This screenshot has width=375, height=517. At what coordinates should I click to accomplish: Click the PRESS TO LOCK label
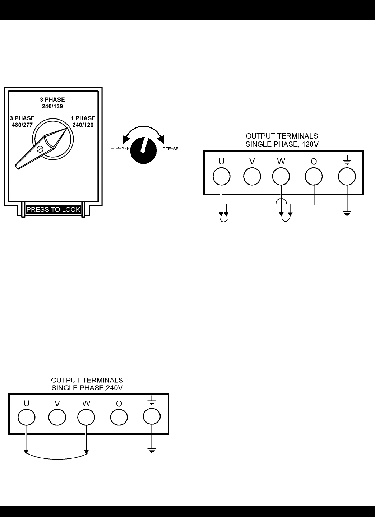pyautogui.click(x=53, y=210)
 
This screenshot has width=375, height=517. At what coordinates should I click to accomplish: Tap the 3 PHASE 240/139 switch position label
pyautogui.click(x=52, y=103)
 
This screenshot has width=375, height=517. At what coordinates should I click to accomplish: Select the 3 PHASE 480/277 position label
pyautogui.click(x=22, y=121)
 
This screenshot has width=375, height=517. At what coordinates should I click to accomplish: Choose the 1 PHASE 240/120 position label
pyautogui.click(x=83, y=121)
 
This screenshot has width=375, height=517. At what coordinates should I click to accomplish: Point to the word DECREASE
pyautogui.click(x=118, y=149)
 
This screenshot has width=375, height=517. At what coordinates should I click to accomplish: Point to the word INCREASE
pyautogui.click(x=168, y=149)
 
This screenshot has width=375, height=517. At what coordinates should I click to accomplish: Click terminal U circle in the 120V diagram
pyautogui.click(x=222, y=177)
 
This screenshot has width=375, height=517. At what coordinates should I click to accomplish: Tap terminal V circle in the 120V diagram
pyautogui.click(x=252, y=177)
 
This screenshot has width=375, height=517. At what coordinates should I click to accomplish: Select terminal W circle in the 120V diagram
pyautogui.click(x=281, y=177)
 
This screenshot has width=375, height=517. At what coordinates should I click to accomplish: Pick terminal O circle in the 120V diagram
pyautogui.click(x=314, y=177)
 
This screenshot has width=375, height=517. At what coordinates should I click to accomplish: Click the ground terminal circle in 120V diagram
pyautogui.click(x=347, y=177)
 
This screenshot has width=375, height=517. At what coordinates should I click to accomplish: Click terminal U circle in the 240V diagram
pyautogui.click(x=26, y=418)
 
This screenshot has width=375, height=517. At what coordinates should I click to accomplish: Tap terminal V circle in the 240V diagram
pyautogui.click(x=57, y=418)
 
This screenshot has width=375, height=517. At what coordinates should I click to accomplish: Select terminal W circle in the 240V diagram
pyautogui.click(x=86, y=418)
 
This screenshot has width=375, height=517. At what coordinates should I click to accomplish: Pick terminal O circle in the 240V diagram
pyautogui.click(x=119, y=418)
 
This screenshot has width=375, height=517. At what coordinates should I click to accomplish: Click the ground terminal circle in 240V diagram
pyautogui.click(x=152, y=418)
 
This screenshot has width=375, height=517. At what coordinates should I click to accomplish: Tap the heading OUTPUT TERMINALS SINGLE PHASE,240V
pyautogui.click(x=87, y=383)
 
